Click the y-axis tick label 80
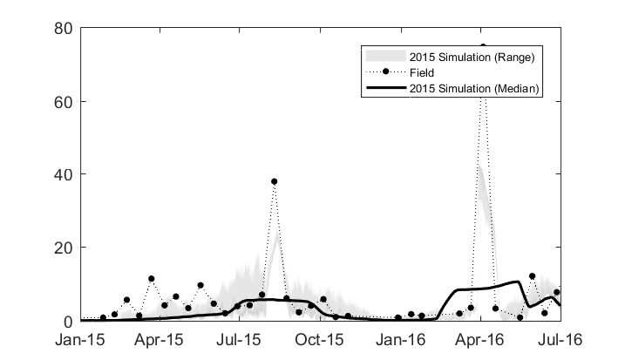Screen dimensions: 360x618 pyautogui.click(x=64, y=28)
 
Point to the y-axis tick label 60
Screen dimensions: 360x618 pyautogui.click(x=64, y=101)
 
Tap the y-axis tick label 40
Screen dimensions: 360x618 pyautogui.click(x=64, y=174)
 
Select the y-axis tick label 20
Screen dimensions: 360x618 pyautogui.click(x=64, y=248)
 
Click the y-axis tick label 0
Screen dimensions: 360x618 pyautogui.click(x=68, y=321)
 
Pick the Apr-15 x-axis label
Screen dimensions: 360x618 pyautogui.click(x=160, y=337)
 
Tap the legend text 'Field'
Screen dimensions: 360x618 pyautogui.click(x=422, y=72)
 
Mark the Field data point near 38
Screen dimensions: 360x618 pyautogui.click(x=274, y=182)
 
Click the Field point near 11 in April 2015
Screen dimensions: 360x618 pyautogui.click(x=151, y=279)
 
